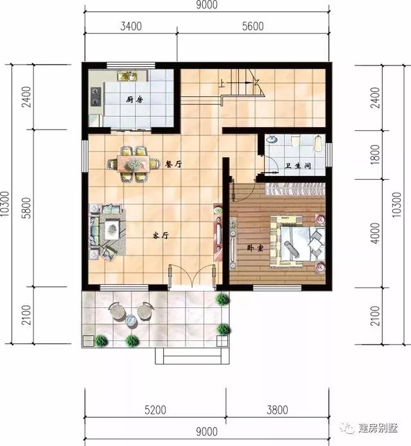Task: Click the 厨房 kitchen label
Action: (x=134, y=99)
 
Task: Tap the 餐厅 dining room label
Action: (x=173, y=164)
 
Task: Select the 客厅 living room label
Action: (x=161, y=236)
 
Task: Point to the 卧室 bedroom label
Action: (x=256, y=246)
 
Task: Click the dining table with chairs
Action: (x=134, y=164)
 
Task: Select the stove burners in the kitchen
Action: (x=96, y=96)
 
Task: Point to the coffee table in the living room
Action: (x=113, y=227)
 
